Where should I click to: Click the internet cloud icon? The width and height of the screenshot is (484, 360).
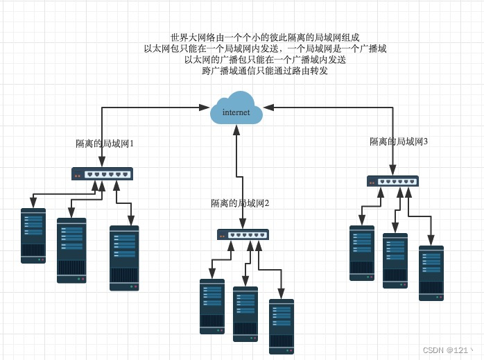coord(236,108)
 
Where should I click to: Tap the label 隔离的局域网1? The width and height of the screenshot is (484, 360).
coord(105,144)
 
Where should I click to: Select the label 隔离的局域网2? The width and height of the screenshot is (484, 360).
coord(240,203)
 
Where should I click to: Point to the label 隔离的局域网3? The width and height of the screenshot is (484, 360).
coord(399,142)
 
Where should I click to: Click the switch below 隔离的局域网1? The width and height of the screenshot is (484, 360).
coord(102,174)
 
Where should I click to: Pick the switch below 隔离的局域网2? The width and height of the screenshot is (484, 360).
coord(243,234)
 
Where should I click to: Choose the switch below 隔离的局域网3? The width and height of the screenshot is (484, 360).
coord(392,181)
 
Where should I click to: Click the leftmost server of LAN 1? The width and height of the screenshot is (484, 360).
coord(33,236)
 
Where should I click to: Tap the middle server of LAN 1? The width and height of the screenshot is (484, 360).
coord(71,250)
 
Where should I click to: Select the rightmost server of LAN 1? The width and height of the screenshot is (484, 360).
coord(124,258)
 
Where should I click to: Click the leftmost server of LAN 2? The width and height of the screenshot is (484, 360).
coord(212,307)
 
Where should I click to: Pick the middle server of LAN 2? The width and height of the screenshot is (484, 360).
coord(245,314)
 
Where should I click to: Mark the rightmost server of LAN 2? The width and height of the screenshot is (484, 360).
coord(282,327)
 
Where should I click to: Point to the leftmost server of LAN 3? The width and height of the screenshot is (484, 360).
coord(362,253)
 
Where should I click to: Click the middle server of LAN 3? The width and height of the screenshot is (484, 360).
coord(395,261)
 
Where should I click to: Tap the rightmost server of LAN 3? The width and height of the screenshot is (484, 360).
coord(431,273)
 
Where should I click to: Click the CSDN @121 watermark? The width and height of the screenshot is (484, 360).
coord(447,350)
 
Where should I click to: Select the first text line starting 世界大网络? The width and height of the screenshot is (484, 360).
coord(265,37)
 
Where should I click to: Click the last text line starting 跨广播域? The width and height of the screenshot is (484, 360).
coord(265,71)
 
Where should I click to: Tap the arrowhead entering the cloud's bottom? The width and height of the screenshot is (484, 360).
coord(236,130)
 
